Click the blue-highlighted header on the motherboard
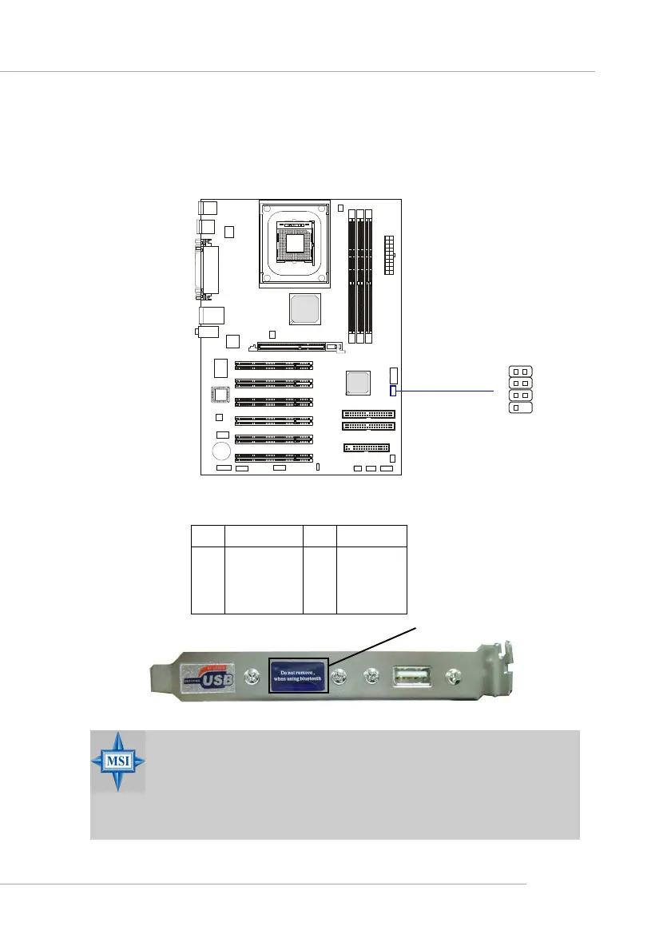pyautogui.click(x=393, y=391)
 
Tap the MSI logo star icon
pyautogui.click(x=118, y=760)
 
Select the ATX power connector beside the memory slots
pyautogui.click(x=389, y=254)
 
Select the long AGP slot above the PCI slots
pyautogui.click(x=296, y=348)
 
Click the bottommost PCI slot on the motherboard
pyautogui.click(x=273, y=458)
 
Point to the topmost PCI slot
pyautogui.click(x=273, y=365)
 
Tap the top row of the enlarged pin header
pyautogui.click(x=519, y=372)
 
